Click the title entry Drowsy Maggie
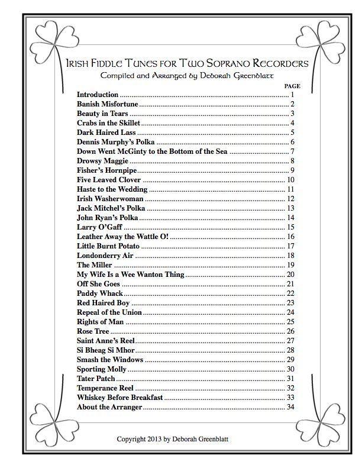[x=102, y=161]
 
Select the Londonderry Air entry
[x=105, y=256]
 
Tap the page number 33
[x=290, y=398]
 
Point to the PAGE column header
[x=292, y=86]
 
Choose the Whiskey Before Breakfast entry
[x=119, y=398]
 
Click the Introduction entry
[x=98, y=95]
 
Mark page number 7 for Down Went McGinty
[x=292, y=151]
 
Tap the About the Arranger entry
[x=109, y=407]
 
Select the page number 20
[x=290, y=275]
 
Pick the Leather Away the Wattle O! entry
[x=122, y=237]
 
